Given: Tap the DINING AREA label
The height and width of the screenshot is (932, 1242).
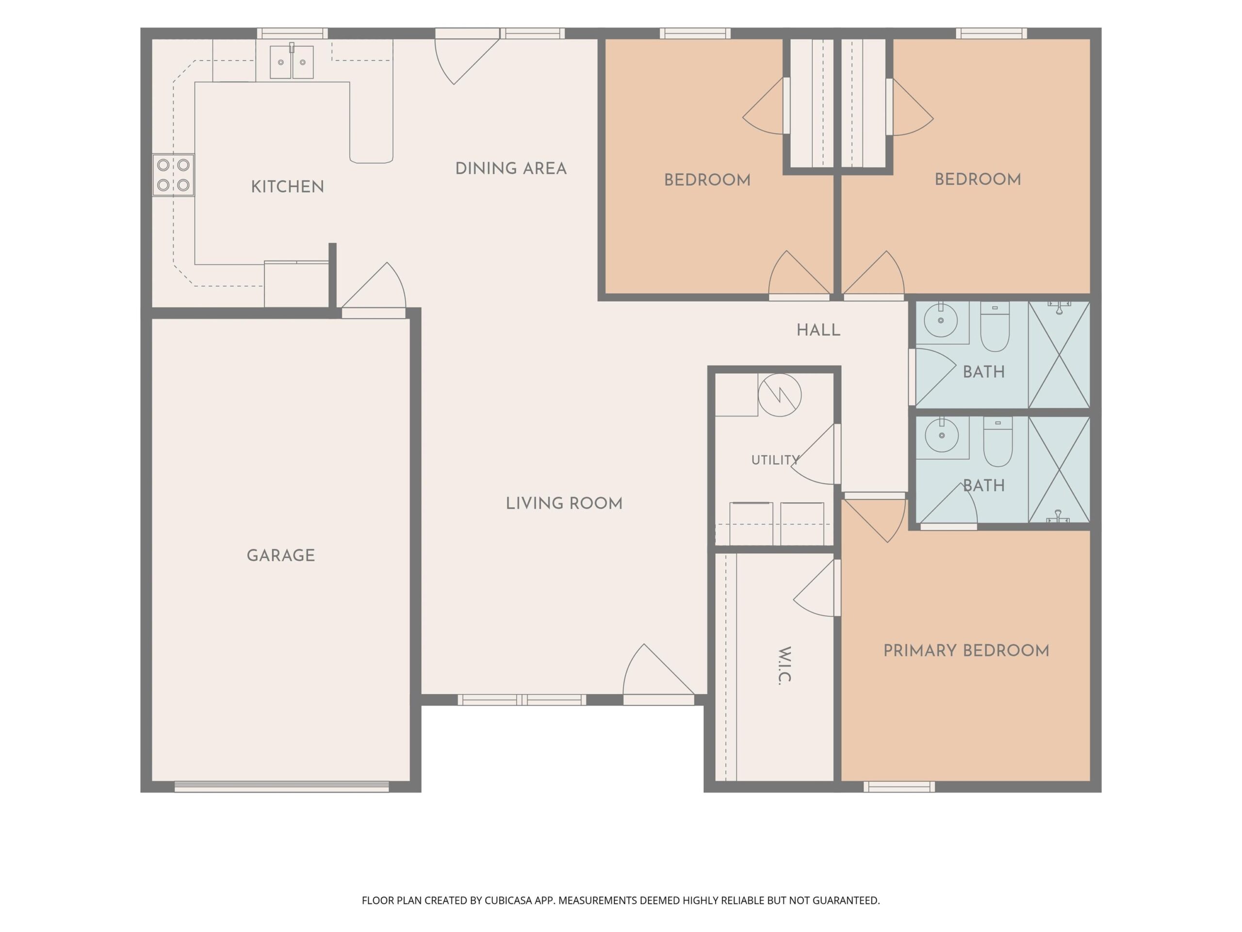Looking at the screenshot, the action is (510, 168).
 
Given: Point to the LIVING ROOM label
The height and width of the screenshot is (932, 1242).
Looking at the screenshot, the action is (564, 503).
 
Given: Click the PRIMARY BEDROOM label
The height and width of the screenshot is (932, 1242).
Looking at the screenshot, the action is (966, 650).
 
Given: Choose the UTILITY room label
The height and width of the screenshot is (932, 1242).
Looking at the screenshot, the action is (775, 460).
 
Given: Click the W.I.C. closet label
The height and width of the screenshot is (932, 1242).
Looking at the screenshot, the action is (785, 665).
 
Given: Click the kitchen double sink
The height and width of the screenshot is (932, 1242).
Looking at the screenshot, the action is (292, 61).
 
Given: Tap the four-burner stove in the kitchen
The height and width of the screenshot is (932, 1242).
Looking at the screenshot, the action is (173, 175).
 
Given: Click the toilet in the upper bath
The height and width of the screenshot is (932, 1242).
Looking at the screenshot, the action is (995, 326).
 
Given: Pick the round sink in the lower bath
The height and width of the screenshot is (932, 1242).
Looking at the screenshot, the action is (942, 435).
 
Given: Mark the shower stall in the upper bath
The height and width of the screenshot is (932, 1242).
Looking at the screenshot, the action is (1059, 354).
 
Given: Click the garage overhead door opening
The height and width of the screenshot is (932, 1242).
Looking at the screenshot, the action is (281, 786).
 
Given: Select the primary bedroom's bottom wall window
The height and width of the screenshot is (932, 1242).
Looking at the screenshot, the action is (899, 786).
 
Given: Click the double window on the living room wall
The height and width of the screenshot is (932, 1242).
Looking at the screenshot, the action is (522, 699).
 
